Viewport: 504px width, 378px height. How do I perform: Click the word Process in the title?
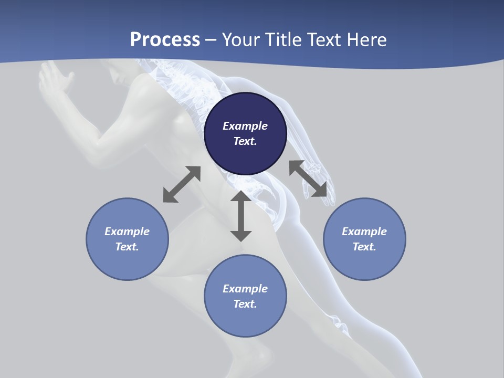pyautogui.click(x=165, y=39)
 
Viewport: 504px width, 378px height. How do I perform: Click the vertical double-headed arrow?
pyautogui.click(x=241, y=216)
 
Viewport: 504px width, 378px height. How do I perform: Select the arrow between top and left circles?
pyautogui.click(x=182, y=184)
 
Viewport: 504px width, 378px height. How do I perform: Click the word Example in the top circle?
pyautogui.click(x=245, y=126)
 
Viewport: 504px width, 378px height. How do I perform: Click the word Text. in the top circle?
pyautogui.click(x=245, y=141)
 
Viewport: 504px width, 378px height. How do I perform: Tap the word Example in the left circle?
pyautogui.click(x=127, y=232)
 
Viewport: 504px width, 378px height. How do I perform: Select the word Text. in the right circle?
pyautogui.click(x=364, y=247)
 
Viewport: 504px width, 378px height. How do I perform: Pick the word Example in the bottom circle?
pyautogui.click(x=245, y=289)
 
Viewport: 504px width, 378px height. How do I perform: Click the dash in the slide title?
pyautogui.click(x=211, y=40)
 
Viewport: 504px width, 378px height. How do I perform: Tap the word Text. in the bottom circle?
pyautogui.click(x=245, y=304)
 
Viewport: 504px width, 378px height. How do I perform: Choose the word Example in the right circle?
pyautogui.click(x=364, y=232)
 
